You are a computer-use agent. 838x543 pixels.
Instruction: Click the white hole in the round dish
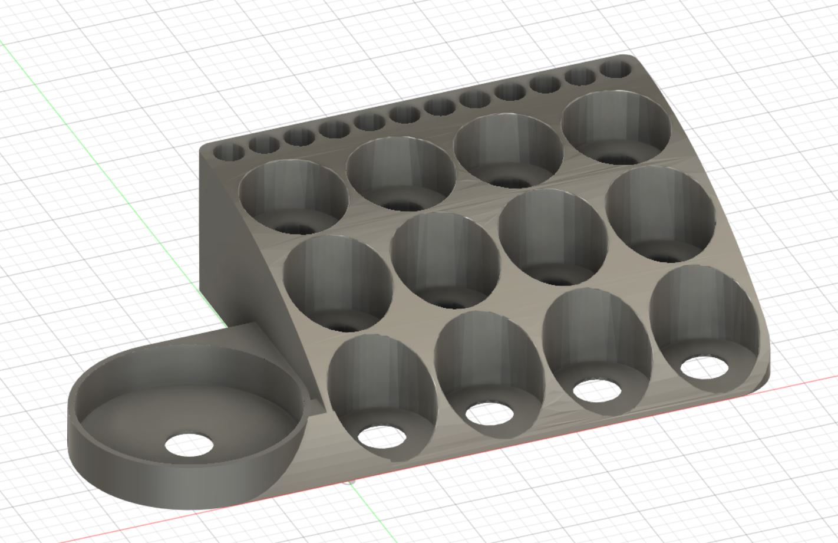pyautogui.click(x=189, y=445)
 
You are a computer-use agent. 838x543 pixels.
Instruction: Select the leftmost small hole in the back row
pyautogui.click(x=228, y=152)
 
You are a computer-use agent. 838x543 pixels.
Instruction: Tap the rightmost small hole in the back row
pyautogui.click(x=615, y=70)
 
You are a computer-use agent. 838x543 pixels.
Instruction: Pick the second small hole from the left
pyautogui.click(x=263, y=144)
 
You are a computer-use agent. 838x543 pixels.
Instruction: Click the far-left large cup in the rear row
pyautogui.click(x=293, y=198)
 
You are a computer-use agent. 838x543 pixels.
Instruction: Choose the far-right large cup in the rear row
pyautogui.click(x=616, y=127)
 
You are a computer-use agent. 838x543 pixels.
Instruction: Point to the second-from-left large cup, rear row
pyautogui.click(x=401, y=173)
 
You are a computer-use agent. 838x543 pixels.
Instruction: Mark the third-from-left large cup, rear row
pyautogui.click(x=509, y=150)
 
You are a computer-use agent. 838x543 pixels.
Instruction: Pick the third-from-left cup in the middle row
pyautogui.click(x=553, y=236)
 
